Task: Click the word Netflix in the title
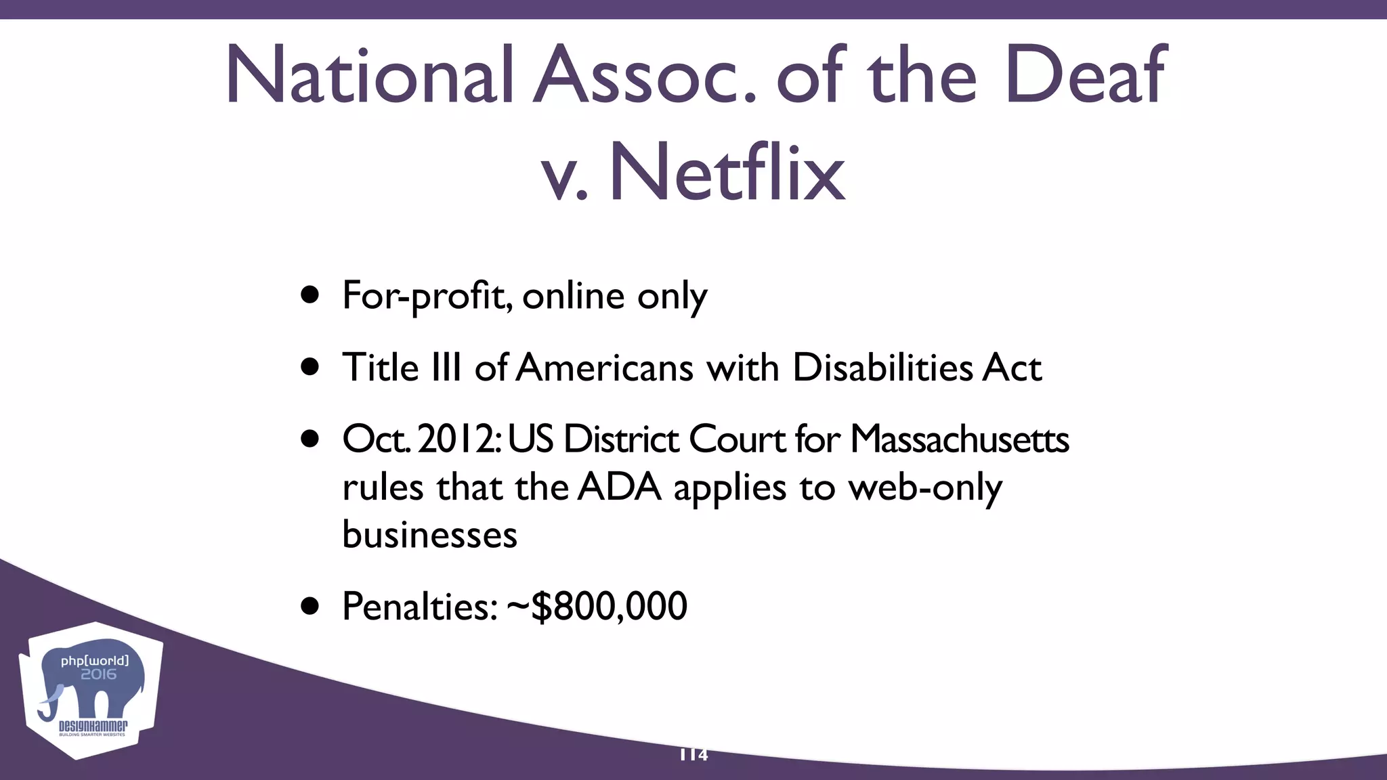[727, 173]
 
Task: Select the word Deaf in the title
[1085, 76]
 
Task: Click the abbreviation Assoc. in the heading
[644, 76]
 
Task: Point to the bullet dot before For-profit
[310, 295]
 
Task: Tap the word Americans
[605, 368]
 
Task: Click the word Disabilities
[882, 368]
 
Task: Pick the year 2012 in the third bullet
[458, 439]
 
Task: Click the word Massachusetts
[960, 439]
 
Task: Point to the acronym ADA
[620, 487]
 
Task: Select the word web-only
[925, 487]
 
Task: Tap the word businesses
[429, 534]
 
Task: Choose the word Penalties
[420, 605]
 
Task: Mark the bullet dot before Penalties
[310, 606]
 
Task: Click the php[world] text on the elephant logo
[94, 660]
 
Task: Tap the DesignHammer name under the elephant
[93, 727]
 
